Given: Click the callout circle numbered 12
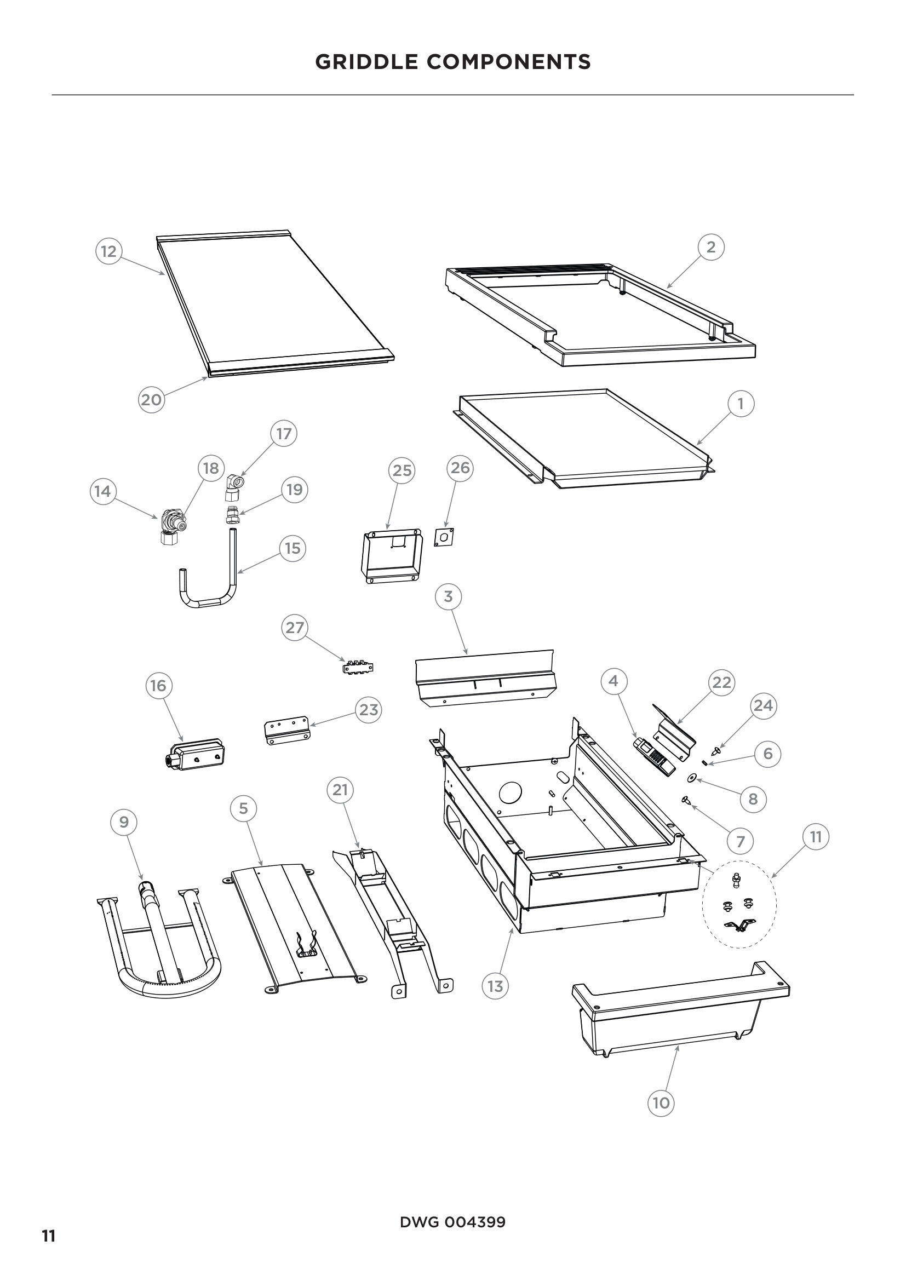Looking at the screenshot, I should click(109, 251).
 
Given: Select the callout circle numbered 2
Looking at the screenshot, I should click(711, 246).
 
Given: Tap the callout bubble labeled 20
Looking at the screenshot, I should click(151, 399).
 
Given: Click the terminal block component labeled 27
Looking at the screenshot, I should click(357, 667).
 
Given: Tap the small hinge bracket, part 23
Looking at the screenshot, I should click(286, 731).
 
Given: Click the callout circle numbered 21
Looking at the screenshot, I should click(340, 790).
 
